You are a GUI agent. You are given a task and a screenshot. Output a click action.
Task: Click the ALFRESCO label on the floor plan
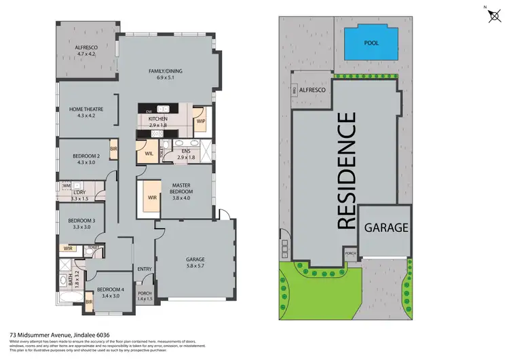[86, 47]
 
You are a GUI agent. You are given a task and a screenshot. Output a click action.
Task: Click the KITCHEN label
[157, 119]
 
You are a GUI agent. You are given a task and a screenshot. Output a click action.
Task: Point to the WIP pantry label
[201, 122]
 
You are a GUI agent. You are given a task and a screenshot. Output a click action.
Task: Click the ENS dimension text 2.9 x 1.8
[185, 157]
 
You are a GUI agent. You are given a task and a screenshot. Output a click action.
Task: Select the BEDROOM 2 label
[86, 156]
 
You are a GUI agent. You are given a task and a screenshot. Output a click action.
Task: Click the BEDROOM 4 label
[108, 289]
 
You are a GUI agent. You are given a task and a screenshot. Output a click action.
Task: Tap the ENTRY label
[145, 269]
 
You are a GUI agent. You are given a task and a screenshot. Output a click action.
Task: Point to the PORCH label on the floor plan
[145, 293]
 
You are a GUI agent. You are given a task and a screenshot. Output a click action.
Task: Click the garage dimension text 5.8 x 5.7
[195, 266]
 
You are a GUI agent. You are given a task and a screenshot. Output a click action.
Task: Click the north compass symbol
[491, 15]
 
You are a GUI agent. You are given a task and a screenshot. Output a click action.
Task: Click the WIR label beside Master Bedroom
[153, 198]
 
